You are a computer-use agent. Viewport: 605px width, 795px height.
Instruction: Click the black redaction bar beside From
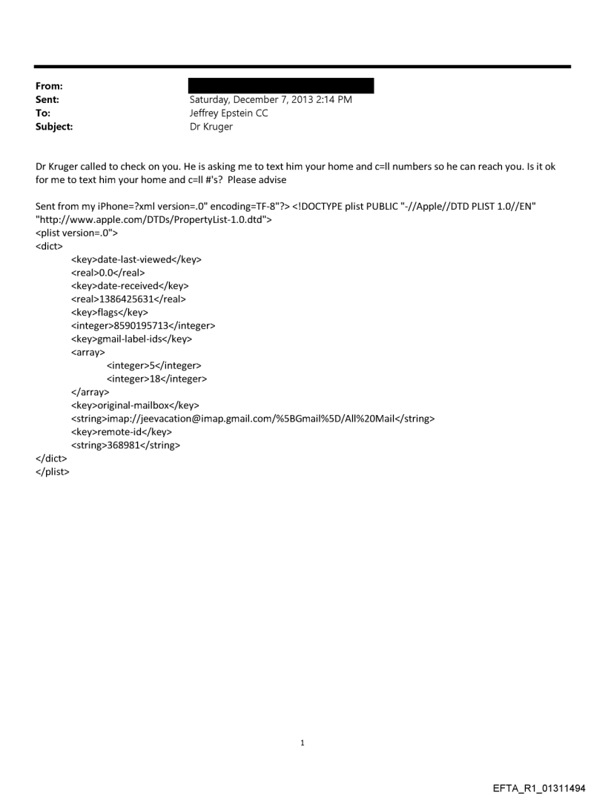click(282, 86)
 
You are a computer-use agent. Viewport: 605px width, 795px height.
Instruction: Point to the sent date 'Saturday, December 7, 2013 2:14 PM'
click(271, 99)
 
